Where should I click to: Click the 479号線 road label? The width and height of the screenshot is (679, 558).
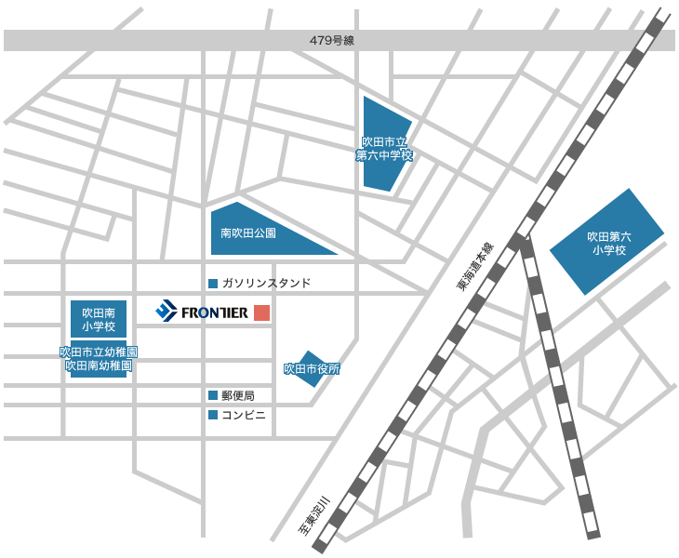331,41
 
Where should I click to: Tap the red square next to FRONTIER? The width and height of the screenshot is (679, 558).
262,312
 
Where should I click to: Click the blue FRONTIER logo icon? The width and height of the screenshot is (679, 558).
166,312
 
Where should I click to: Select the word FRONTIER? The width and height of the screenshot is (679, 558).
214,312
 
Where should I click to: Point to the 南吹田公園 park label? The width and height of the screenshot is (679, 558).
247,233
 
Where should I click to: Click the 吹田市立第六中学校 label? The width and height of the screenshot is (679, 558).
384,149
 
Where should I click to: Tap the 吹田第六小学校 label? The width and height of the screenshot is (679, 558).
607,244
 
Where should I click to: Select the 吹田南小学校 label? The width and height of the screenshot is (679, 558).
98,319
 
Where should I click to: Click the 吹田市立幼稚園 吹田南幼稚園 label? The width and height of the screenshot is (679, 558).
99,360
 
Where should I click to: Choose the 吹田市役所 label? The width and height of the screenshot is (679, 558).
312,369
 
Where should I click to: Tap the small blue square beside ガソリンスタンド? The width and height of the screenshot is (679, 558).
213,283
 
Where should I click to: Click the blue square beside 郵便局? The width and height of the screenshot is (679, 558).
213,395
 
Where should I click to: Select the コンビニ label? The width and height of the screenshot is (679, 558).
245,415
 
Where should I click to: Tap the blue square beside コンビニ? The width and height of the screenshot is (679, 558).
213,415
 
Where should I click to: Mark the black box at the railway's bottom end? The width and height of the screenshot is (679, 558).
313,516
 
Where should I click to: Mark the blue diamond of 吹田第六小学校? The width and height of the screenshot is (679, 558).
606,241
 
